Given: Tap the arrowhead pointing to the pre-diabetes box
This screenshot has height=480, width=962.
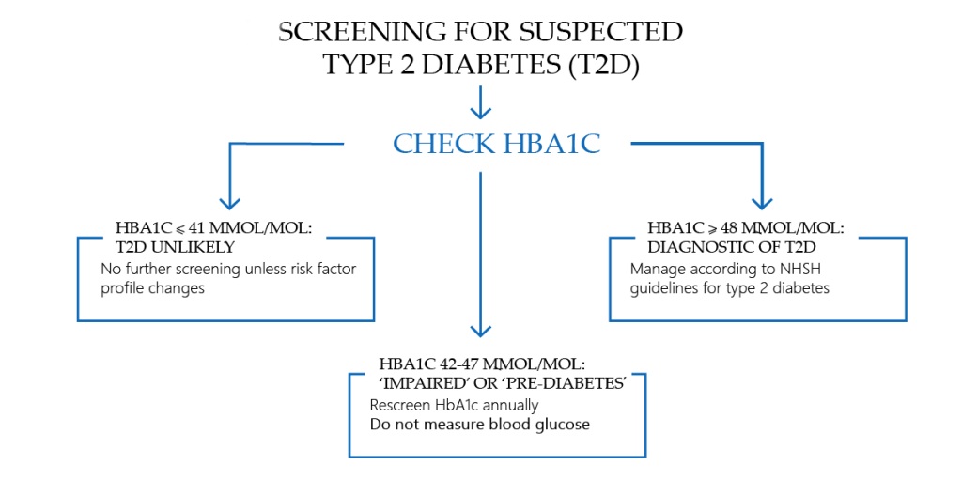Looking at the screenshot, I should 481,328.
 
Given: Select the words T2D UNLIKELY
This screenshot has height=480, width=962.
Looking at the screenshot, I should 175,246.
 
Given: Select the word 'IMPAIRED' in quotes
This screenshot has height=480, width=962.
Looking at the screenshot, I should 420,383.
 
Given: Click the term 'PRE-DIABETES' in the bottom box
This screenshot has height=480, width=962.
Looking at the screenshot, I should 566,383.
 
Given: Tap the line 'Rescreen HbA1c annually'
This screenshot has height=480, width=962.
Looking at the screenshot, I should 455,406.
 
